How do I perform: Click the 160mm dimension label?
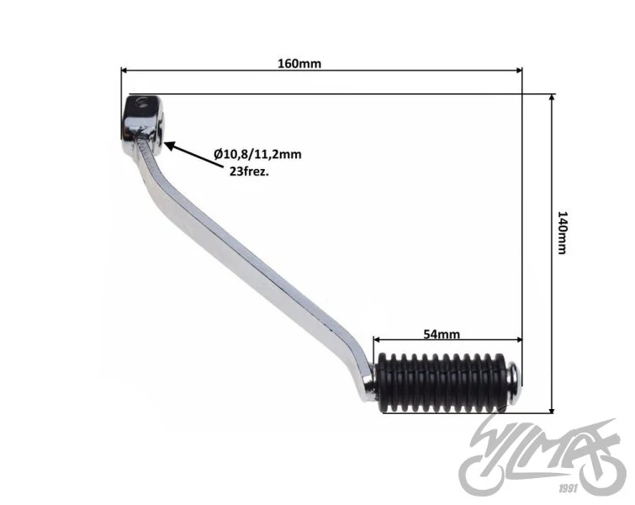point(299,64)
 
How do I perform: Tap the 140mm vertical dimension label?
point(563,232)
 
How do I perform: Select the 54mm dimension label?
point(442,334)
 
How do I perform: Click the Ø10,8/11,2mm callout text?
point(257,154)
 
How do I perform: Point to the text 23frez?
point(249,172)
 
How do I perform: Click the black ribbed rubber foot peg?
point(442,382)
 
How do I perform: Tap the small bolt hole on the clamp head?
point(141,102)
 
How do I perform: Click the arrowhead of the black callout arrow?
point(169,146)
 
